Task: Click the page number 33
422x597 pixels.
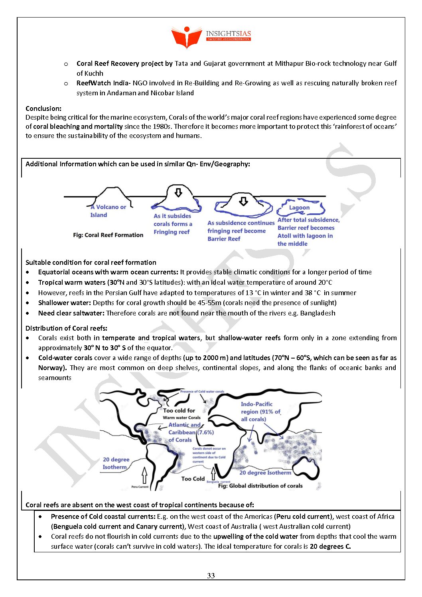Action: [211, 575]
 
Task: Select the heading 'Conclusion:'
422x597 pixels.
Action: [43, 108]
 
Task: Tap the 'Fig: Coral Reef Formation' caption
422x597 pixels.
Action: [108, 235]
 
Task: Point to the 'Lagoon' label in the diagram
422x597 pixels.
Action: [299, 207]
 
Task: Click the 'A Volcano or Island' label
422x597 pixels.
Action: [108, 211]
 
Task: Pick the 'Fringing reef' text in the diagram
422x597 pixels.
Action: [172, 232]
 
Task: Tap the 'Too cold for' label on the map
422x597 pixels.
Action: [179, 410]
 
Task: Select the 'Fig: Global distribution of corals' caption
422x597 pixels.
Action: [260, 486]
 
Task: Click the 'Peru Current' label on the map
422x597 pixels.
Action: [140, 487]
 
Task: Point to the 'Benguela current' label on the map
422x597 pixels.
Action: [219, 482]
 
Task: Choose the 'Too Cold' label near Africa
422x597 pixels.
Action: [193, 479]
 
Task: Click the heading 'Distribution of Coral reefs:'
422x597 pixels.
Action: [66, 328]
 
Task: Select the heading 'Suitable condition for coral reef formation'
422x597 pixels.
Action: [91, 262]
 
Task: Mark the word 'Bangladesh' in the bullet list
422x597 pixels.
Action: [317, 313]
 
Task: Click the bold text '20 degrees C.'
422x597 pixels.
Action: [330, 546]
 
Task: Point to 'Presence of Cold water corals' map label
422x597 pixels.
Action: [202, 392]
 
